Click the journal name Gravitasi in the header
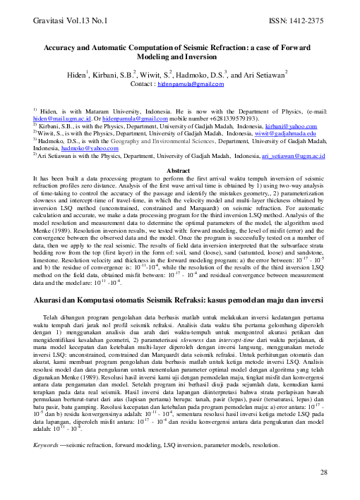[51, 21]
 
